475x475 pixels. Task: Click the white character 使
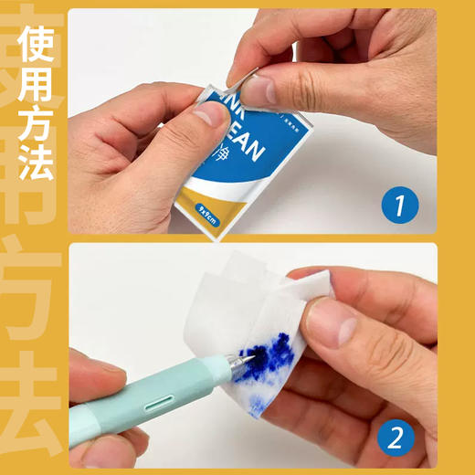[36, 42]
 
